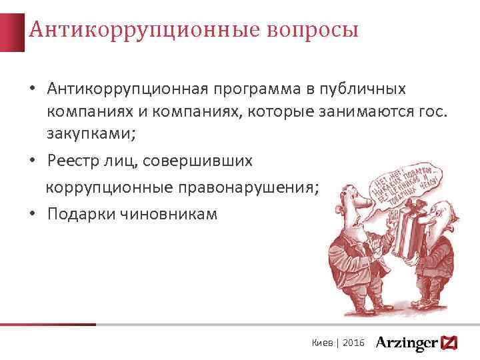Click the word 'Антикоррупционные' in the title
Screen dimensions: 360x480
click(145, 30)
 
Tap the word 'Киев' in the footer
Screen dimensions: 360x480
click(323, 342)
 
